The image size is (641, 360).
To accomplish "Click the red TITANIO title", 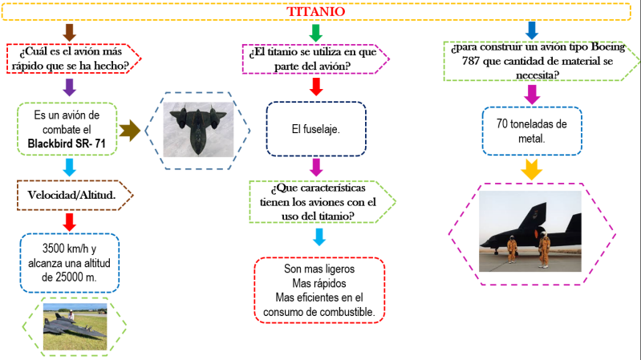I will click(317, 12).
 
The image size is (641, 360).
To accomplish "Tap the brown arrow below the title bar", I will click(69, 32).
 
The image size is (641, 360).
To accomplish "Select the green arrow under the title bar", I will click(316, 33).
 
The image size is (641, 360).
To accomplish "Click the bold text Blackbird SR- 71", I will click(68, 143).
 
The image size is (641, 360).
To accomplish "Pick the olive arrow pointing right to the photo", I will click(130, 129).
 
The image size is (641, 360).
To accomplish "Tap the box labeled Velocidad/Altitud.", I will click(67, 194).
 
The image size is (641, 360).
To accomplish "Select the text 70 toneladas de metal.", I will click(532, 131).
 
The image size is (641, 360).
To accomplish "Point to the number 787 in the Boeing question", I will click(463, 61).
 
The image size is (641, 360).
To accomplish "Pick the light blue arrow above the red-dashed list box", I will click(318, 237).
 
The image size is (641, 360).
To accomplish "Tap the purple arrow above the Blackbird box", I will click(69, 87).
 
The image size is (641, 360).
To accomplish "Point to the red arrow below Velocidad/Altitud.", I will click(69, 220).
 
